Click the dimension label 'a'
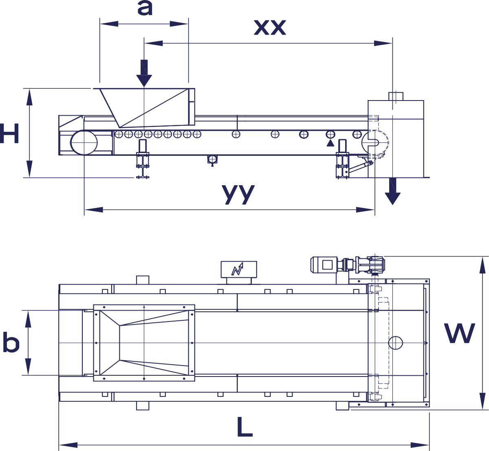145,8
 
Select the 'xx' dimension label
270,27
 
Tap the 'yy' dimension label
238,194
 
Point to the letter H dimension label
9,134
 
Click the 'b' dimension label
11,342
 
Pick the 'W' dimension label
459,333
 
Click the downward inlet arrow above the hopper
144,73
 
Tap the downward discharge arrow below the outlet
393,191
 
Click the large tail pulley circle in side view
84,142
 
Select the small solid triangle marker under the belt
330,143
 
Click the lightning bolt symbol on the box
237,269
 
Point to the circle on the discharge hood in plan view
395,343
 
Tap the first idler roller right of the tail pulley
119,134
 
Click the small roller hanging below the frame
212,160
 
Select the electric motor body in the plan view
324,265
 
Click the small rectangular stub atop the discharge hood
396,96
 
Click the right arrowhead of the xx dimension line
383,43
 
